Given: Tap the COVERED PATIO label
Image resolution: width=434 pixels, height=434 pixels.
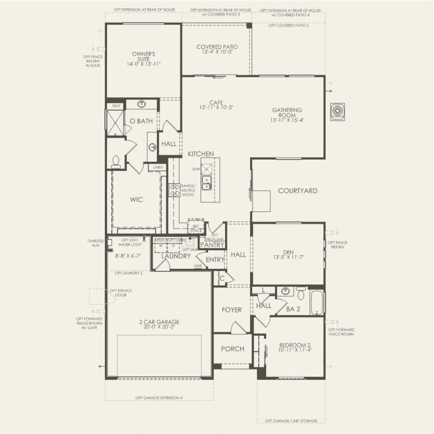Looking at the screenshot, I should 217,47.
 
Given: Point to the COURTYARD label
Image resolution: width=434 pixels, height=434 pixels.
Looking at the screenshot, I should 297,191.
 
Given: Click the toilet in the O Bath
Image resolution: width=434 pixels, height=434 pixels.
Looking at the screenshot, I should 115,162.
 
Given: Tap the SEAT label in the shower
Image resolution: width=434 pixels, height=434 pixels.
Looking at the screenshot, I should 116,106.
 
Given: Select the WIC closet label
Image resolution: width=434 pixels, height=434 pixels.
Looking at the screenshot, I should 136,200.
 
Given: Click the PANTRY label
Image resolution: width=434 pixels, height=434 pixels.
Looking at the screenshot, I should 212,244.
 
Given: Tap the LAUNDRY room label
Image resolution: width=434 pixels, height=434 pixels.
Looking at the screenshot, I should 176,256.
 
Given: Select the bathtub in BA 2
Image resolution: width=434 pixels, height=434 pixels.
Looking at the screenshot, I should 317,303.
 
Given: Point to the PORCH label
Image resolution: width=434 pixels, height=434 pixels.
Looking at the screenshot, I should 232,349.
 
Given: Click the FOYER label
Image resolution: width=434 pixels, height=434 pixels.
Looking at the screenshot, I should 232,310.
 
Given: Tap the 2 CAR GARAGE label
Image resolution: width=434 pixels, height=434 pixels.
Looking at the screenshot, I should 159,322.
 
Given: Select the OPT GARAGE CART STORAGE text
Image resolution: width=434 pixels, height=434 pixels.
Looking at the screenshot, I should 291,420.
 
